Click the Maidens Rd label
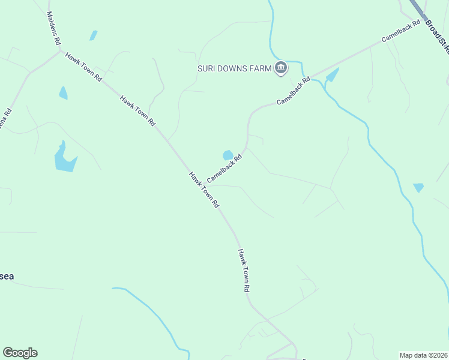coord(53,28)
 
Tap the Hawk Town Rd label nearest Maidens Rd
coord(84,67)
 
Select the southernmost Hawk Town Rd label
coord(243,270)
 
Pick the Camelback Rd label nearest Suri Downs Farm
coord(294,91)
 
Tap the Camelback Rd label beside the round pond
coord(224,169)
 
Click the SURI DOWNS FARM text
coord(235,68)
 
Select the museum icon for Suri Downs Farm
coord(280,68)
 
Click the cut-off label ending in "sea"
coord(7,277)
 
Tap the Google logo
coord(20,353)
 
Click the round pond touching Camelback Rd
coord(228,155)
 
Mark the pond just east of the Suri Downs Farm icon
coord(331,76)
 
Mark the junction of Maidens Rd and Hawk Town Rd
coord(60,52)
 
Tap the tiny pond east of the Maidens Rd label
coord(93,35)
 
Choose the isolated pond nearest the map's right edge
coord(418,188)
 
